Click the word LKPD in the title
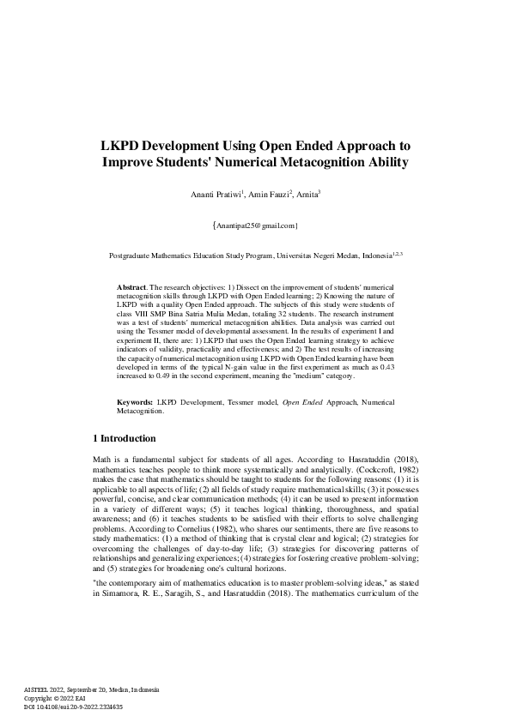pos(120,146)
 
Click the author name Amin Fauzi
pos(267,196)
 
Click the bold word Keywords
pos(135,402)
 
